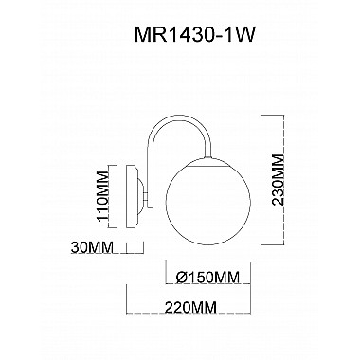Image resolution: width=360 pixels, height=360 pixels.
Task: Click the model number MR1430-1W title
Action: [194, 34]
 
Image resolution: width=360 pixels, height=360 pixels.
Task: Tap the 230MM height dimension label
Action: [277, 180]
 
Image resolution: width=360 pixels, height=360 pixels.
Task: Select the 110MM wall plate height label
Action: [103, 196]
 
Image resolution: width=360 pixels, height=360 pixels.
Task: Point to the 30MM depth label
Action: [92, 247]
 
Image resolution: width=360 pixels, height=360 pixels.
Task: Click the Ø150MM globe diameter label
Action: [207, 278]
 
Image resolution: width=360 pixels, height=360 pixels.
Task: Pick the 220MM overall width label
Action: [190, 307]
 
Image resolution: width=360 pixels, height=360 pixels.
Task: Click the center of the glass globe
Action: [207, 202]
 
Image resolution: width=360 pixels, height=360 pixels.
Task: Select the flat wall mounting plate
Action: [132, 197]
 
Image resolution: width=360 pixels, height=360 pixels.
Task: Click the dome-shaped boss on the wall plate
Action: [141, 197]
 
